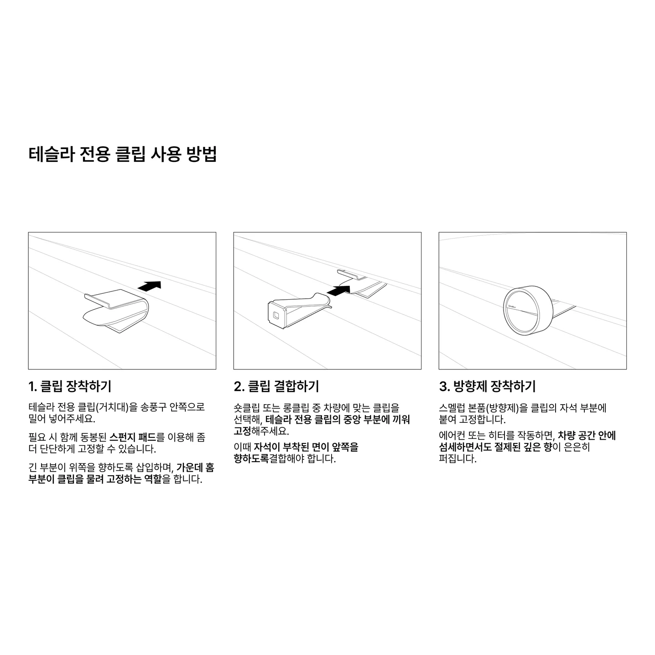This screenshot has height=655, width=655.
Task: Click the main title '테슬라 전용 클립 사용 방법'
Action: coord(122,154)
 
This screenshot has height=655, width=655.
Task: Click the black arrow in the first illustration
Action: coord(150,286)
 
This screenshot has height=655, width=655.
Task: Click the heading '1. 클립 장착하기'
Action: coord(70,386)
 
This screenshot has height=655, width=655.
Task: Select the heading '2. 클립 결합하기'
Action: coord(276,386)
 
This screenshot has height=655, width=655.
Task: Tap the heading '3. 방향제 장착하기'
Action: coord(487,386)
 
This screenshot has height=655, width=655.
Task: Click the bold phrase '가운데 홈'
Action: coord(196,468)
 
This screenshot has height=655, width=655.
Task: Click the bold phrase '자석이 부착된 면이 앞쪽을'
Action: coord(306,447)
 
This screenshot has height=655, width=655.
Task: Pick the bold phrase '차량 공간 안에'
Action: coord(587,436)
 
